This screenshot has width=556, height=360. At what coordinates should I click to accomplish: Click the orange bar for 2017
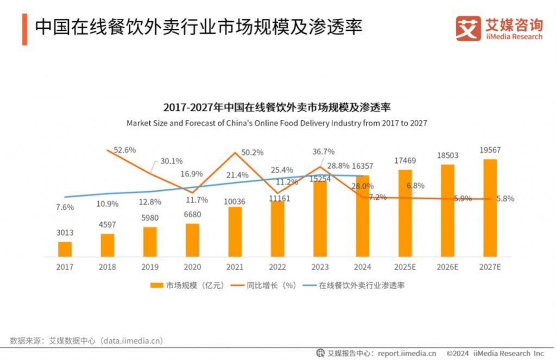65,249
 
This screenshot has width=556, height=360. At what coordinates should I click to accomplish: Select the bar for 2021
235,231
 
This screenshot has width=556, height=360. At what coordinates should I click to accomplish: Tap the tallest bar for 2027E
490,207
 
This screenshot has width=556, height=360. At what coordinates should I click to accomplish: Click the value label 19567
489,149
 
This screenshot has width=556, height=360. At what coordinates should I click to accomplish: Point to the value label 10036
235,202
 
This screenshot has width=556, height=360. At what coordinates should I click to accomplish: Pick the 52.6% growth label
125,150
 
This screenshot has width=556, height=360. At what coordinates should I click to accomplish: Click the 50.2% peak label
252,153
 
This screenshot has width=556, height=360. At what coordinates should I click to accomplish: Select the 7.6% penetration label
65,206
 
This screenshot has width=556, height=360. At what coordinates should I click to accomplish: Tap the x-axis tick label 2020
192,267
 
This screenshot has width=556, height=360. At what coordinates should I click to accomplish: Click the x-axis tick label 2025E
405,267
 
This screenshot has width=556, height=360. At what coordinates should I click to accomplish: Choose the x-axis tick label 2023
320,267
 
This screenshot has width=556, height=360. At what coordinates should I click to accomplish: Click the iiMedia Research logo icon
468,28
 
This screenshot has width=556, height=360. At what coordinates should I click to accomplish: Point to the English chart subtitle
276,123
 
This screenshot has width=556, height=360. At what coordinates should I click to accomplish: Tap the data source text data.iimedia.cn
132,340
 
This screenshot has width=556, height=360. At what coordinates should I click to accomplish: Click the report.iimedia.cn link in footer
407,353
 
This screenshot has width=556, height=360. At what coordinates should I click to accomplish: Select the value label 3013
65,233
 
